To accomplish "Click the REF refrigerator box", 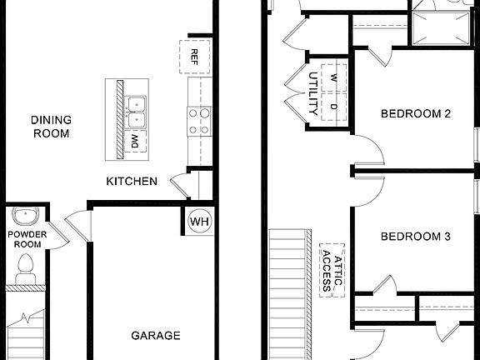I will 194,57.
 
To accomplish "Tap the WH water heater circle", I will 199,222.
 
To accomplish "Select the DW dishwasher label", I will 134,142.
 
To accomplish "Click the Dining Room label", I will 51,127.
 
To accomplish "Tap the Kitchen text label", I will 132,181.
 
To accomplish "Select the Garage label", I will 155,336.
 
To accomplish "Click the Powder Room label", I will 27,239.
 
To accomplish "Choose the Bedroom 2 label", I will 415,113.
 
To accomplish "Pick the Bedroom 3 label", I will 415,237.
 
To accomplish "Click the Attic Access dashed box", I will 332,269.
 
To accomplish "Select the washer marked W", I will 333,77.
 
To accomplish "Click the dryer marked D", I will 333,107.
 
